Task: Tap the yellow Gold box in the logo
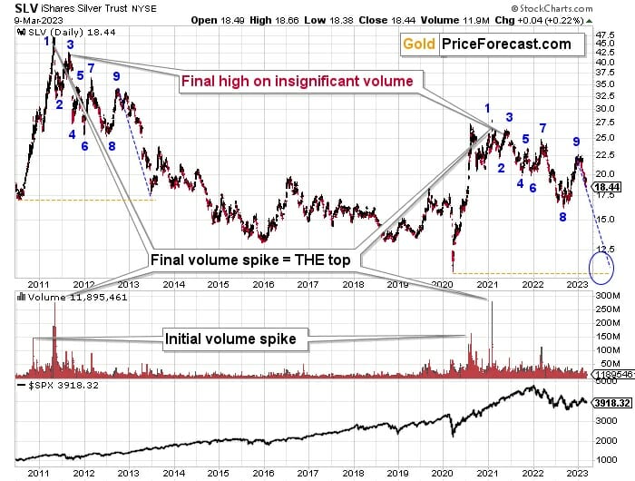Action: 419,44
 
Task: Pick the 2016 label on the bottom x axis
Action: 263,472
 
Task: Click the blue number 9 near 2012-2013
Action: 117,76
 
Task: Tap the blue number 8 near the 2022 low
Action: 563,217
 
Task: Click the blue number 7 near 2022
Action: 542,128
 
